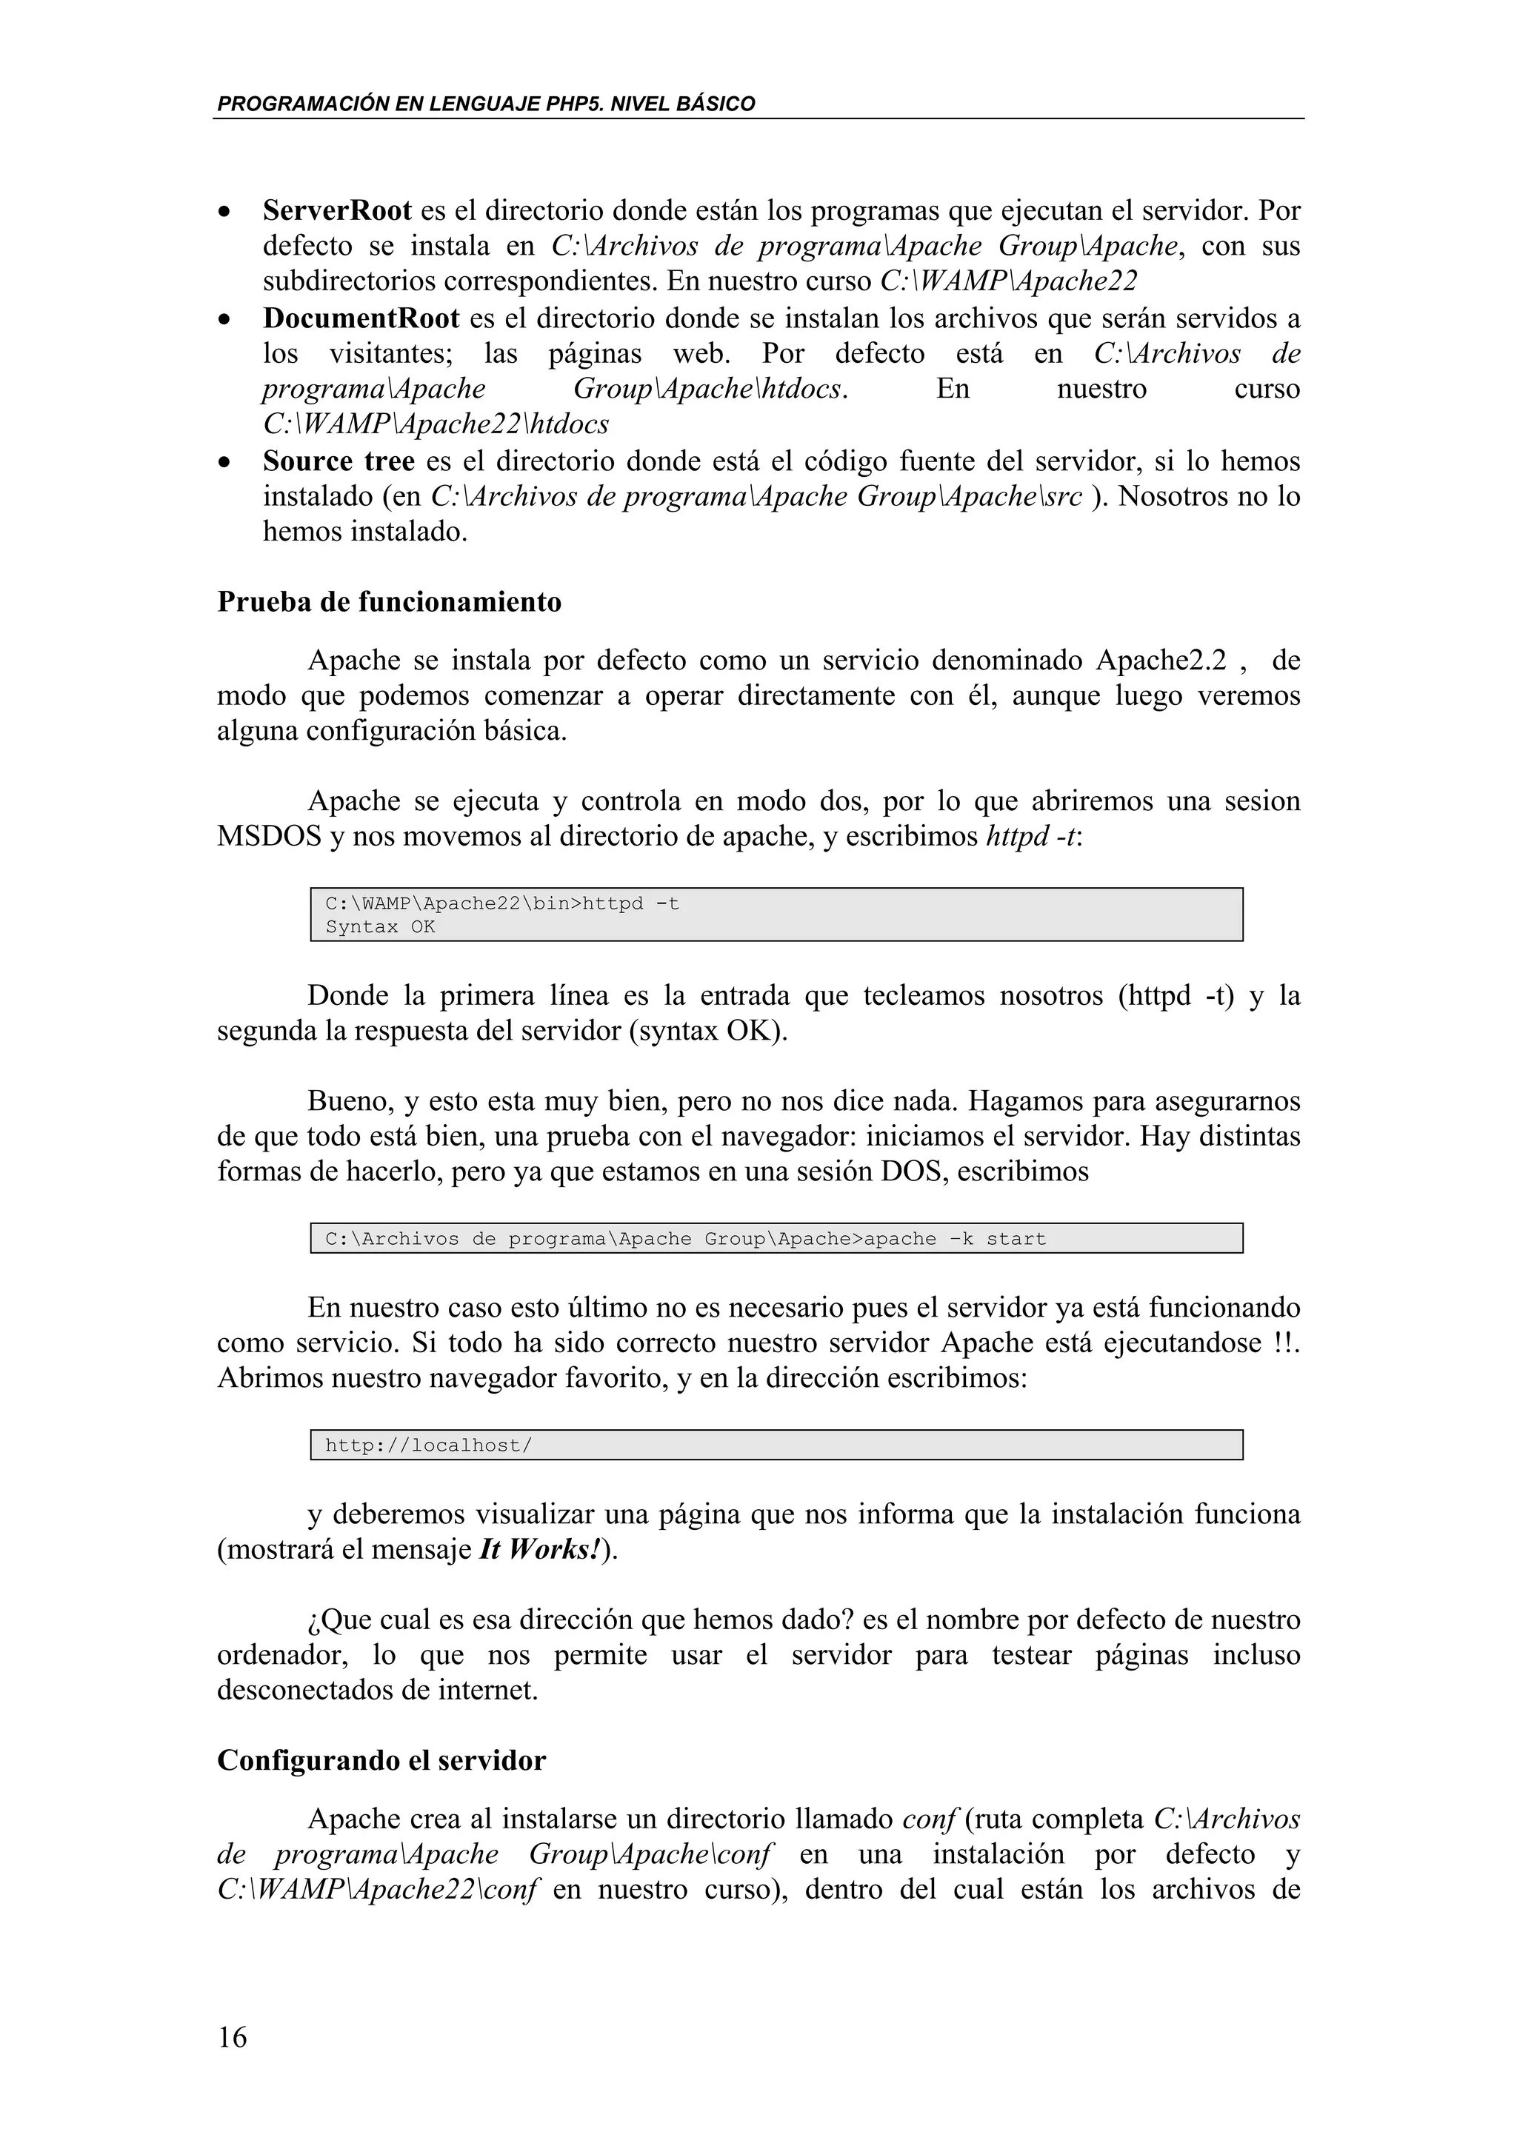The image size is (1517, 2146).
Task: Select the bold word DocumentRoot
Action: click(361, 318)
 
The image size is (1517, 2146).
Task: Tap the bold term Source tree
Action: click(339, 462)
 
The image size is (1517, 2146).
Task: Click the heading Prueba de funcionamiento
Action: click(389, 602)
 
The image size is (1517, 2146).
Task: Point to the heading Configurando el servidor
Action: click(381, 1761)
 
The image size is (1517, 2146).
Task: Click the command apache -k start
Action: click(954, 1240)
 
